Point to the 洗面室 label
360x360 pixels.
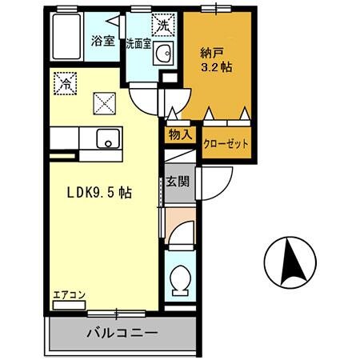pyautogui.click(x=138, y=43)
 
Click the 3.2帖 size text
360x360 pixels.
pyautogui.click(x=217, y=68)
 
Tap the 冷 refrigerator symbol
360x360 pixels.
pyautogui.click(x=63, y=81)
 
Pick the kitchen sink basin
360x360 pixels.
pyautogui.click(x=105, y=138)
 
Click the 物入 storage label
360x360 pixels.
pyautogui.click(x=179, y=134)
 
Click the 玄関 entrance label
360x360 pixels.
pyautogui.click(x=178, y=182)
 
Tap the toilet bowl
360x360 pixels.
pyautogui.click(x=179, y=280)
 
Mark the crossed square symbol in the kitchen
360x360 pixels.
pyautogui.click(x=105, y=102)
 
